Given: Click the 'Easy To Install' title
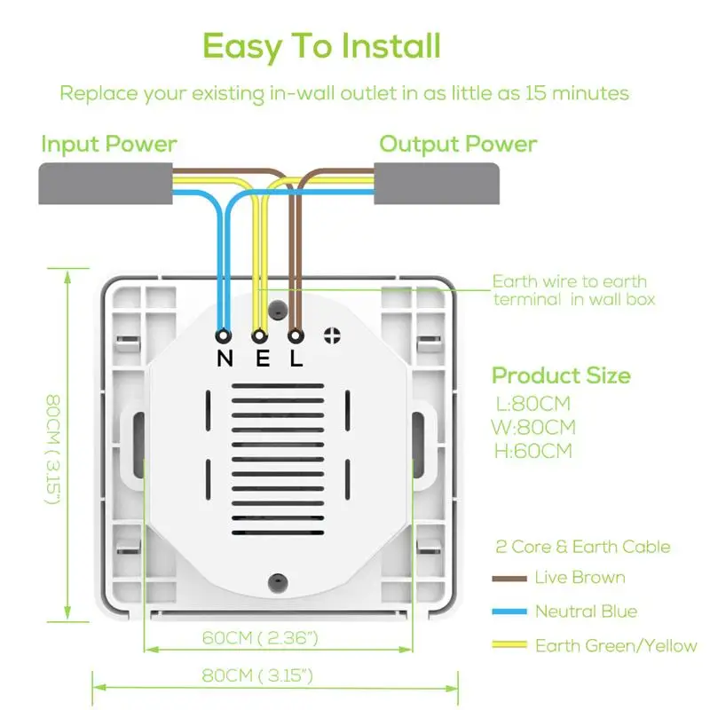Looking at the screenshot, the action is (321, 47).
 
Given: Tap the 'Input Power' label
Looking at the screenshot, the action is (108, 145).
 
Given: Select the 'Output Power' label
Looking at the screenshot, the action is (458, 145).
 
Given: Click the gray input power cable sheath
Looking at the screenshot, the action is (106, 184).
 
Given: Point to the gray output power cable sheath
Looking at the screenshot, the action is (437, 184).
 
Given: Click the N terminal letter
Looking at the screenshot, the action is (225, 359).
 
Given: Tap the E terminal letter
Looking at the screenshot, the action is (263, 359).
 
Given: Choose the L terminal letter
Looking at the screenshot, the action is (296, 359).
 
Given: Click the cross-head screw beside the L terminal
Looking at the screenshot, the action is (332, 335).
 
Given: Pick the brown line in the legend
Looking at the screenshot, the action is (509, 579).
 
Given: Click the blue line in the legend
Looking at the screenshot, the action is (509, 611).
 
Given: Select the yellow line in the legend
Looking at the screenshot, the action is (509, 645).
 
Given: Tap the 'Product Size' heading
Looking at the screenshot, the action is (562, 375).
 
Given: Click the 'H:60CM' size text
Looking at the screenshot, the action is (533, 451).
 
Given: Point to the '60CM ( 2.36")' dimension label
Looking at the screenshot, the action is (260, 637).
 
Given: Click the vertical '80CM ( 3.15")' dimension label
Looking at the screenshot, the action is (53, 449).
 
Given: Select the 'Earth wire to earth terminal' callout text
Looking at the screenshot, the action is (573, 290).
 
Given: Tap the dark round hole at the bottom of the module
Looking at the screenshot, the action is (278, 582).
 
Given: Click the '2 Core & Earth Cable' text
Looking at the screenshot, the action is (583, 547).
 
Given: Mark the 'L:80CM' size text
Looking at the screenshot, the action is (533, 404).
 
